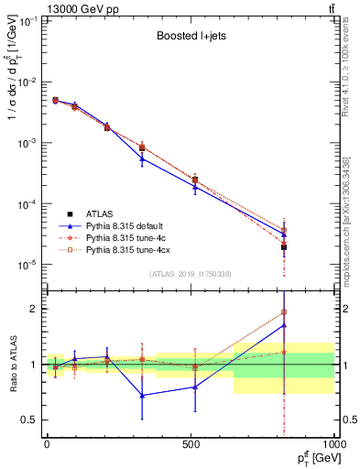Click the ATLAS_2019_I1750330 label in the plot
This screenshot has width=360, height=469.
pos(190,274)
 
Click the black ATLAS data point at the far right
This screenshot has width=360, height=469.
pos(284,247)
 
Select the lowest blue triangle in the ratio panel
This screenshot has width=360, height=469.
pos(142,396)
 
